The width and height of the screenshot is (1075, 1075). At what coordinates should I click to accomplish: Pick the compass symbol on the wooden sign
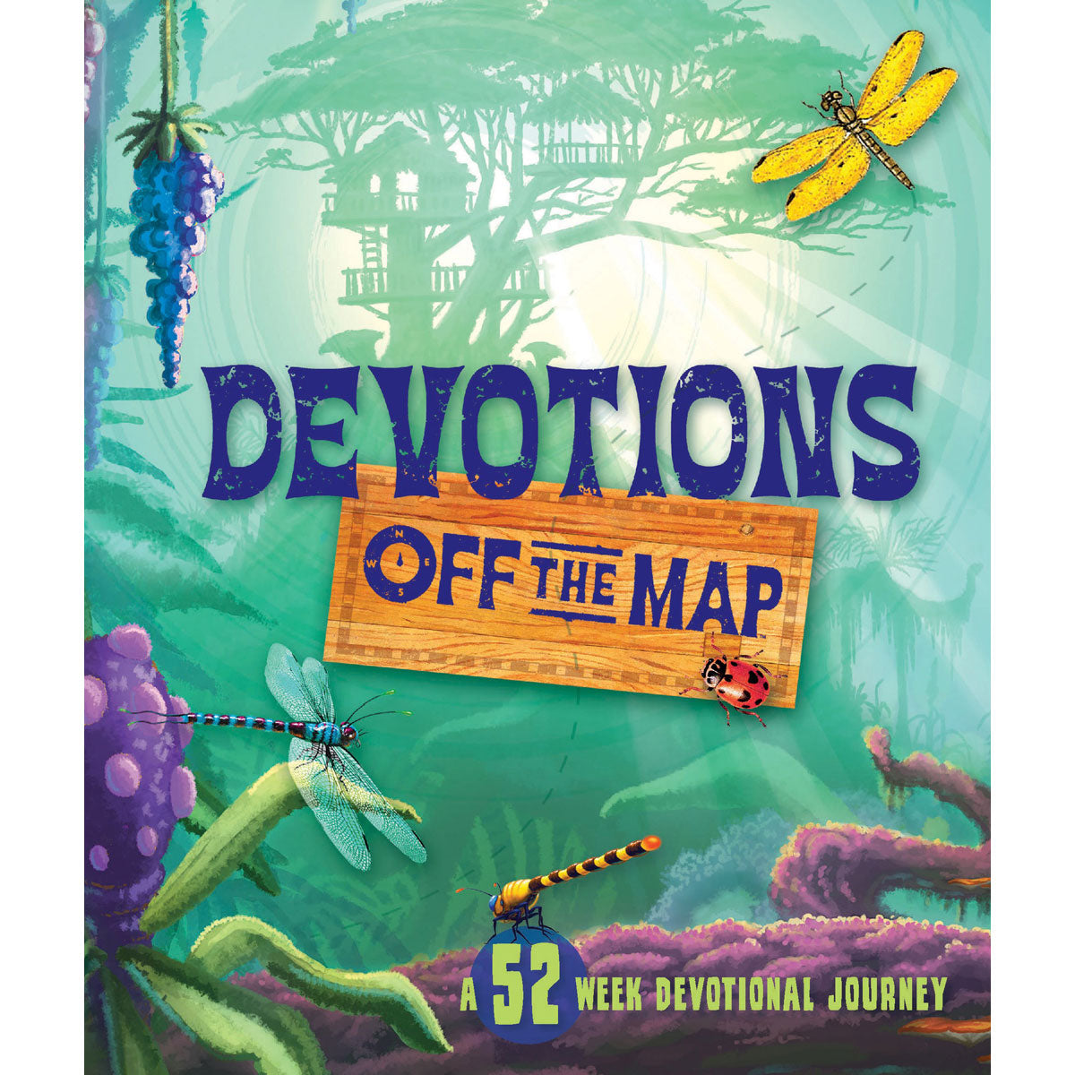click(400, 563)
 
